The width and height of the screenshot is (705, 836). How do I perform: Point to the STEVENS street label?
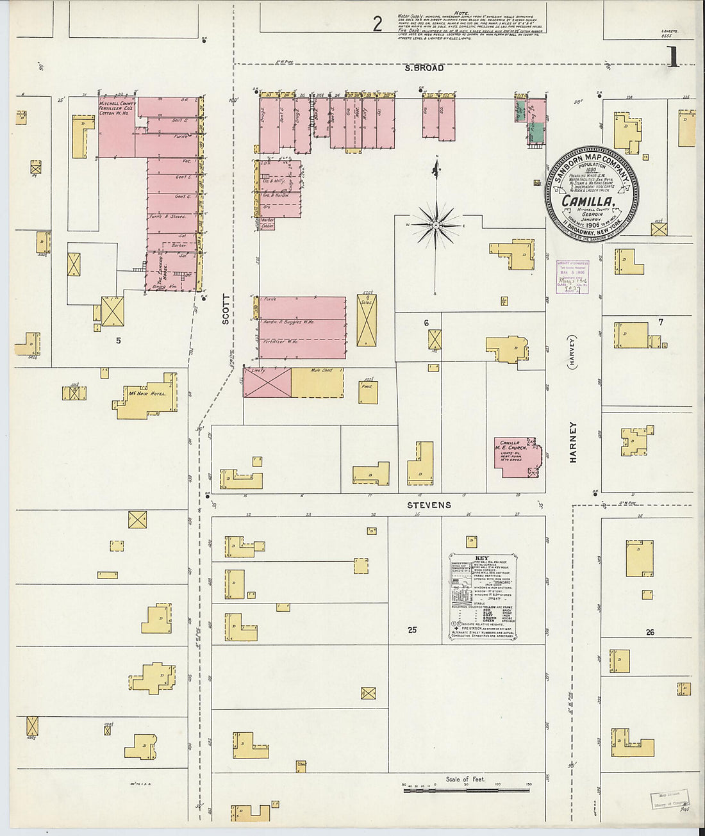coord(429,505)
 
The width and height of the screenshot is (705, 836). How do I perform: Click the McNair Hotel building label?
coord(147,393)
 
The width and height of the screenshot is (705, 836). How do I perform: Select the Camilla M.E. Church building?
coord(516,456)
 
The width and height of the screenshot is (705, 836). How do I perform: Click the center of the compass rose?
coord(436,225)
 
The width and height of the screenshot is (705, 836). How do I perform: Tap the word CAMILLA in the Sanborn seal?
coord(588,201)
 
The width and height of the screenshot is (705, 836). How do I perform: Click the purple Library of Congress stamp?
coord(572,276)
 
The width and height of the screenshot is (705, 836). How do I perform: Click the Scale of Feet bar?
coord(466,790)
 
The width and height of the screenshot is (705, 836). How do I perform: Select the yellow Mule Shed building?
coord(317,382)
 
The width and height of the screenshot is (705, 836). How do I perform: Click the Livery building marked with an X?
coord(267,382)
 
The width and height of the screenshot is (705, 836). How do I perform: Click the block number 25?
coord(411,630)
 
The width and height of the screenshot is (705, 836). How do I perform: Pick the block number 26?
coord(650,632)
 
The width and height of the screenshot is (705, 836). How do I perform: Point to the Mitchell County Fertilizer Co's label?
coord(116,108)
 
